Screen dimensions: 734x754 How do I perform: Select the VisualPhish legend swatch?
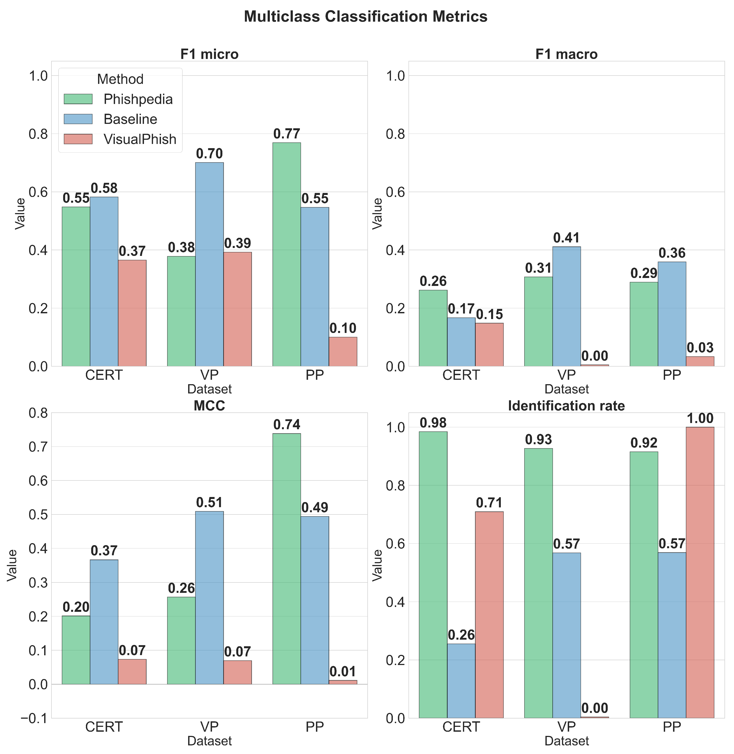(78, 139)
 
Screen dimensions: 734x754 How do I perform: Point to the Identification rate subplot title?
(566, 406)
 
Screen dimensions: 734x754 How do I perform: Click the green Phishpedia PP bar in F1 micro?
(286, 254)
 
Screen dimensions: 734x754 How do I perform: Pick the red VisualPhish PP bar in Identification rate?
(700, 573)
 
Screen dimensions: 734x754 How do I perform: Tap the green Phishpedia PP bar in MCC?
(286, 559)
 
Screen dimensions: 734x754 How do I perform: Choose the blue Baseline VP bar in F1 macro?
(566, 306)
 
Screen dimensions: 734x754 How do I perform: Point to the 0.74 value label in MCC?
(286, 425)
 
